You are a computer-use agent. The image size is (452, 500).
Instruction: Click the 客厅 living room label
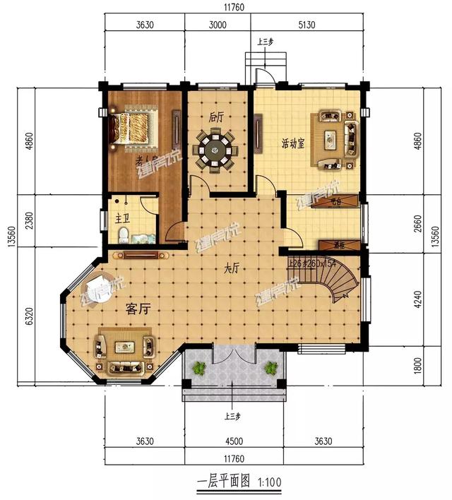click(x=139, y=309)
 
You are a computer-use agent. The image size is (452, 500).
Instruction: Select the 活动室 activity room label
click(x=292, y=143)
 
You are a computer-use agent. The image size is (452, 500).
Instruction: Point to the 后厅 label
click(x=215, y=117)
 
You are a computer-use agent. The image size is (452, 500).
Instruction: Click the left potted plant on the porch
click(x=200, y=368)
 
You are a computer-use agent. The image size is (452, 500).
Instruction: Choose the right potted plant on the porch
click(x=270, y=368)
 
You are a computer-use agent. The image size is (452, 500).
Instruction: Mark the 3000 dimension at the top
click(x=217, y=25)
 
